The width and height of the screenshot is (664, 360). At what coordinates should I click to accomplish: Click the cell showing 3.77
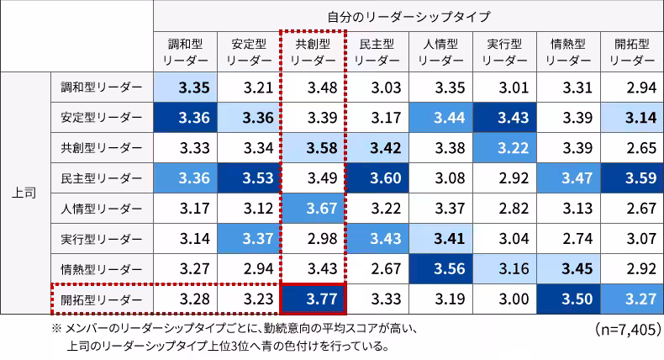pyautogui.click(x=313, y=299)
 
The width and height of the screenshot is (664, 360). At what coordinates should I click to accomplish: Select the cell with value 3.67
pyautogui.click(x=313, y=208)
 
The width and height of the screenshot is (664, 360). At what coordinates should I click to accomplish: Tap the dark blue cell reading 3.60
pyautogui.click(x=377, y=177)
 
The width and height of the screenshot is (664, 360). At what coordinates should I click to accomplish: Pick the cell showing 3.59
pyautogui.click(x=634, y=177)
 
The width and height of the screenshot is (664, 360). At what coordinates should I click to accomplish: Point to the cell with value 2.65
pyautogui.click(x=634, y=147)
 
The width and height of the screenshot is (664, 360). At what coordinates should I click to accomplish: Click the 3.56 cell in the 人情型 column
pyautogui.click(x=442, y=268)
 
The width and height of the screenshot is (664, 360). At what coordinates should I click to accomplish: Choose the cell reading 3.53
pyautogui.click(x=249, y=177)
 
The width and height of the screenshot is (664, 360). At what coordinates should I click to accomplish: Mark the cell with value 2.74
pyautogui.click(x=570, y=238)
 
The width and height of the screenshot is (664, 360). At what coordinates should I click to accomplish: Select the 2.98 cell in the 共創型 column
pyautogui.click(x=313, y=238)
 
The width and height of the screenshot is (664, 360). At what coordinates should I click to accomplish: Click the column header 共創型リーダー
pyautogui.click(x=313, y=52)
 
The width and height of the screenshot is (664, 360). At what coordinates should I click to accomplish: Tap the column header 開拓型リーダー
pyautogui.click(x=633, y=52)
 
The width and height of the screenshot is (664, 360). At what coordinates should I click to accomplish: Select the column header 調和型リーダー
pyautogui.click(x=185, y=52)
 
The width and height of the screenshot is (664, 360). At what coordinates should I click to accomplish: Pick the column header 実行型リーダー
pyautogui.click(x=505, y=52)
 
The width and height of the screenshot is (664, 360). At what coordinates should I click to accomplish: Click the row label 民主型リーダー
pyautogui.click(x=102, y=177)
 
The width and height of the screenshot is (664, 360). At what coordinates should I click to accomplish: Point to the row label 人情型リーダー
pyautogui.click(x=102, y=208)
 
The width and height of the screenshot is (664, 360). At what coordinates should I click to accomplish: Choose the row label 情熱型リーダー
pyautogui.click(x=102, y=268)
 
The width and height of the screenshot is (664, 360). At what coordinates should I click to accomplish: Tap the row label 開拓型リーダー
pyautogui.click(x=102, y=299)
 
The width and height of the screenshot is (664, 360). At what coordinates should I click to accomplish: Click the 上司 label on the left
pyautogui.click(x=24, y=193)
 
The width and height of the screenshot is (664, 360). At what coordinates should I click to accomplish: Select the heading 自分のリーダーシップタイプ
pyautogui.click(x=408, y=16)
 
